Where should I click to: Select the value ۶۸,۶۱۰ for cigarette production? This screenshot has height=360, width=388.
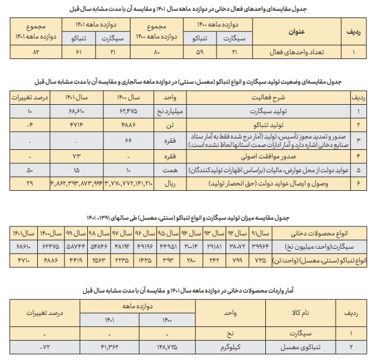[x=79, y=111]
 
